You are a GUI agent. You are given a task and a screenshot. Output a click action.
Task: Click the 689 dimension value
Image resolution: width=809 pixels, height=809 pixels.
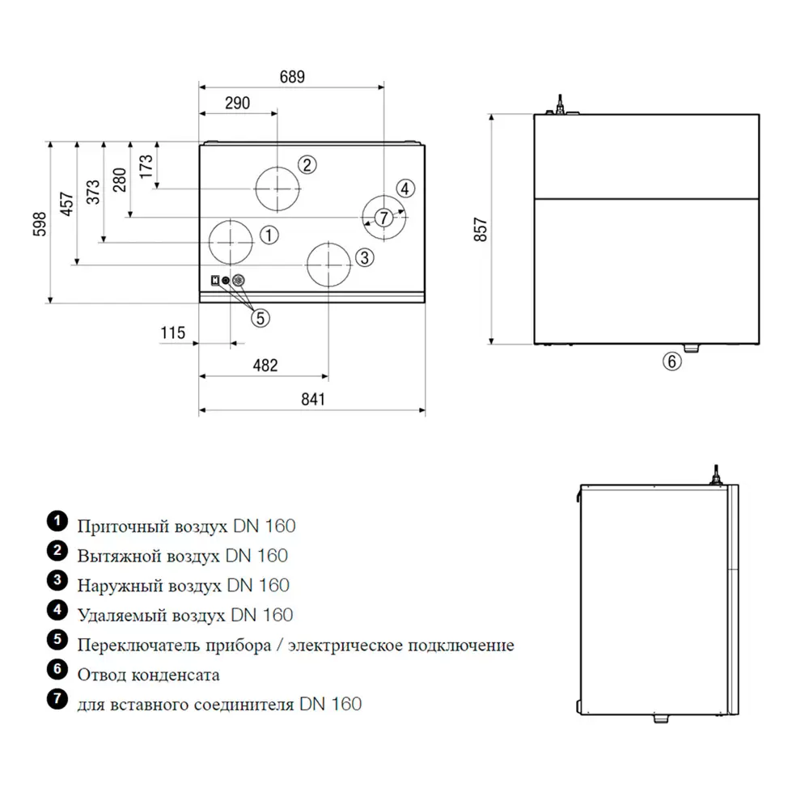pyautogui.click(x=293, y=77)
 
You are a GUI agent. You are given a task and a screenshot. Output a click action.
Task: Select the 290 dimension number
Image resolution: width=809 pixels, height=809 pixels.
pyautogui.click(x=237, y=103)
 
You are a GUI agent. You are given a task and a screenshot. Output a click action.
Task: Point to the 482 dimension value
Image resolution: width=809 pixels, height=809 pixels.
pyautogui.click(x=265, y=366)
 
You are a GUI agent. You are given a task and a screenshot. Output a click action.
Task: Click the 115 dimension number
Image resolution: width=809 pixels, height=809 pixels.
pyautogui.click(x=173, y=332)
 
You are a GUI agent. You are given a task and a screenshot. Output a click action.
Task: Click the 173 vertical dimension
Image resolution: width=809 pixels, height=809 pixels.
pyautogui.click(x=146, y=166)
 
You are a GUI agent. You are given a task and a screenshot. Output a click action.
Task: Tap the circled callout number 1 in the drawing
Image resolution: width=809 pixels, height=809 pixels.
pyautogui.click(x=269, y=235)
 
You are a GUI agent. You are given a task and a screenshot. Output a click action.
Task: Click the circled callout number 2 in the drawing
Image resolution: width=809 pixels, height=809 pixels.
pyautogui.click(x=306, y=165)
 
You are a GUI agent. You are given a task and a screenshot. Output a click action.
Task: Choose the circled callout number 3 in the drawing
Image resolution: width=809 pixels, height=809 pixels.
pyautogui.click(x=364, y=257)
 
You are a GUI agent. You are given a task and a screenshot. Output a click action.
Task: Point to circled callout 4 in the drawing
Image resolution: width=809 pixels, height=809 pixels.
pyautogui.click(x=406, y=188)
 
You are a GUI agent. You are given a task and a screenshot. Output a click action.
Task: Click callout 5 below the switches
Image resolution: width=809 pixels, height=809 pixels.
pyautogui.click(x=260, y=318)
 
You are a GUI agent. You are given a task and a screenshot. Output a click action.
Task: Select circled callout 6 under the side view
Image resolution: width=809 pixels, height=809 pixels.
pyautogui.click(x=672, y=362)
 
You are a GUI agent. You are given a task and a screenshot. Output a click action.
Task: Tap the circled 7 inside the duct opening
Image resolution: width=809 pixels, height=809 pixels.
pyautogui.click(x=383, y=217)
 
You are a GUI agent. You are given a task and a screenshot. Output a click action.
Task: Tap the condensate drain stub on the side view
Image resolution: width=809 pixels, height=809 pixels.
pyautogui.click(x=693, y=347)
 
